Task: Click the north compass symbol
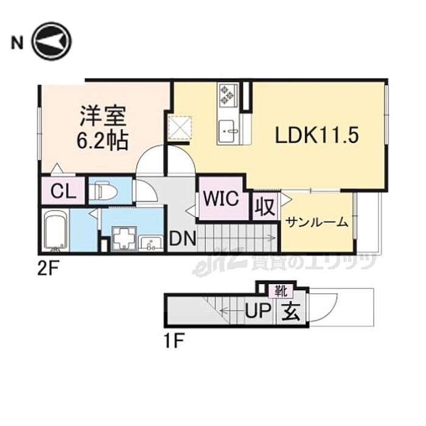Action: tap(52, 41)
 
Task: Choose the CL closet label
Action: tap(63, 192)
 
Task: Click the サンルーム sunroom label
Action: tap(316, 222)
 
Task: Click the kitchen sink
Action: tap(229, 130)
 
